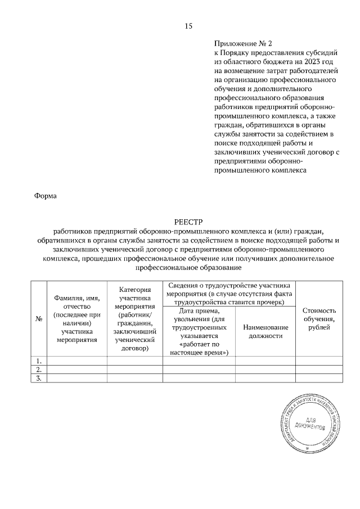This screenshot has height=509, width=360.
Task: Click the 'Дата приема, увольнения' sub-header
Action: coord(199,332)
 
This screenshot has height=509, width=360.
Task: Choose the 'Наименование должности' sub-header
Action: coord(265,332)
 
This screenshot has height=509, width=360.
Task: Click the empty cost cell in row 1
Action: coord(319,361)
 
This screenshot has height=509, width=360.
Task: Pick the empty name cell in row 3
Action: coord(77,379)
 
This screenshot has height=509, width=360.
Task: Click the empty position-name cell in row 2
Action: coord(265,370)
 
